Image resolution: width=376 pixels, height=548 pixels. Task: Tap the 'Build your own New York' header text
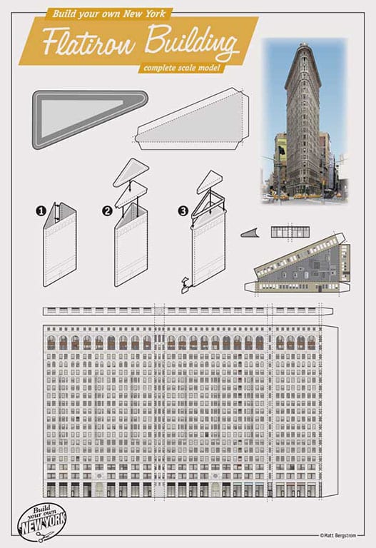pyautogui.click(x=108, y=14)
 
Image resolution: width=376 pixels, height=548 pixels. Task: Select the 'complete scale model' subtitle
pyautogui.click(x=182, y=67)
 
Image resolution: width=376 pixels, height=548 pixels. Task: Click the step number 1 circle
pyautogui.click(x=41, y=211)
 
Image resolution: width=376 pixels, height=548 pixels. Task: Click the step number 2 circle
pyautogui.click(x=107, y=211)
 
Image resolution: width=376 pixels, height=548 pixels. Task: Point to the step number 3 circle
pyautogui.click(x=183, y=210)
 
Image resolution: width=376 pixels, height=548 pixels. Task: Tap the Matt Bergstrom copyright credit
pyautogui.click(x=338, y=535)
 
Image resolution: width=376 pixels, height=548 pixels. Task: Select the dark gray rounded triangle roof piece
pyautogui.click(x=90, y=119)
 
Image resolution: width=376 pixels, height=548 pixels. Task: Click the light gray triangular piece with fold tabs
pyautogui.click(x=193, y=120)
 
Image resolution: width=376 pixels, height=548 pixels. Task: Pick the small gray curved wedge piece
pyautogui.click(x=250, y=233)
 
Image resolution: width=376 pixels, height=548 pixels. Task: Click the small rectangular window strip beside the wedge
pyautogui.click(x=290, y=232)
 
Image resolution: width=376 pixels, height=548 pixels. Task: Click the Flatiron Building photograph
pyautogui.click(x=304, y=121)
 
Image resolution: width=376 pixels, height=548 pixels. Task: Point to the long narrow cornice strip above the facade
pyautogui.click(x=188, y=311)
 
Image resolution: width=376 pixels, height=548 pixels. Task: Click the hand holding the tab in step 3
pyautogui.click(x=185, y=285)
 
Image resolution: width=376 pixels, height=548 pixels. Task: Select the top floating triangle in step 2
pyautogui.click(x=131, y=171)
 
